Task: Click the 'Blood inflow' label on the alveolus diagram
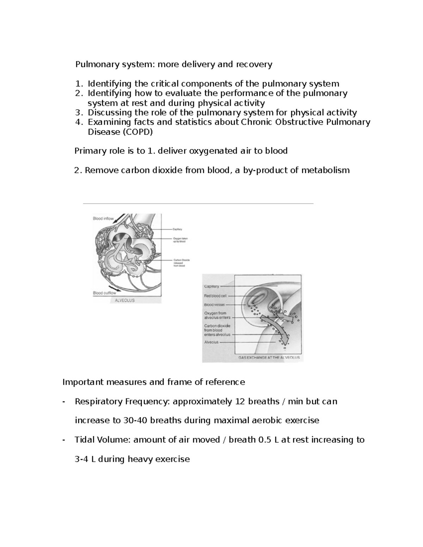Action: pyautogui.click(x=103, y=218)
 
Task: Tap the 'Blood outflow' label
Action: pyautogui.click(x=104, y=293)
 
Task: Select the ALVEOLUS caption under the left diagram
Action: pyautogui.click(x=125, y=300)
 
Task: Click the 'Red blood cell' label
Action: pyautogui.click(x=215, y=296)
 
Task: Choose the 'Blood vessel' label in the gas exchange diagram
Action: pyautogui.click(x=214, y=305)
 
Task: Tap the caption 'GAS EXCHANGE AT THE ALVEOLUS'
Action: pyautogui.click(x=269, y=357)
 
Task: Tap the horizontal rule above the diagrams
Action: pyautogui.click(x=198, y=204)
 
